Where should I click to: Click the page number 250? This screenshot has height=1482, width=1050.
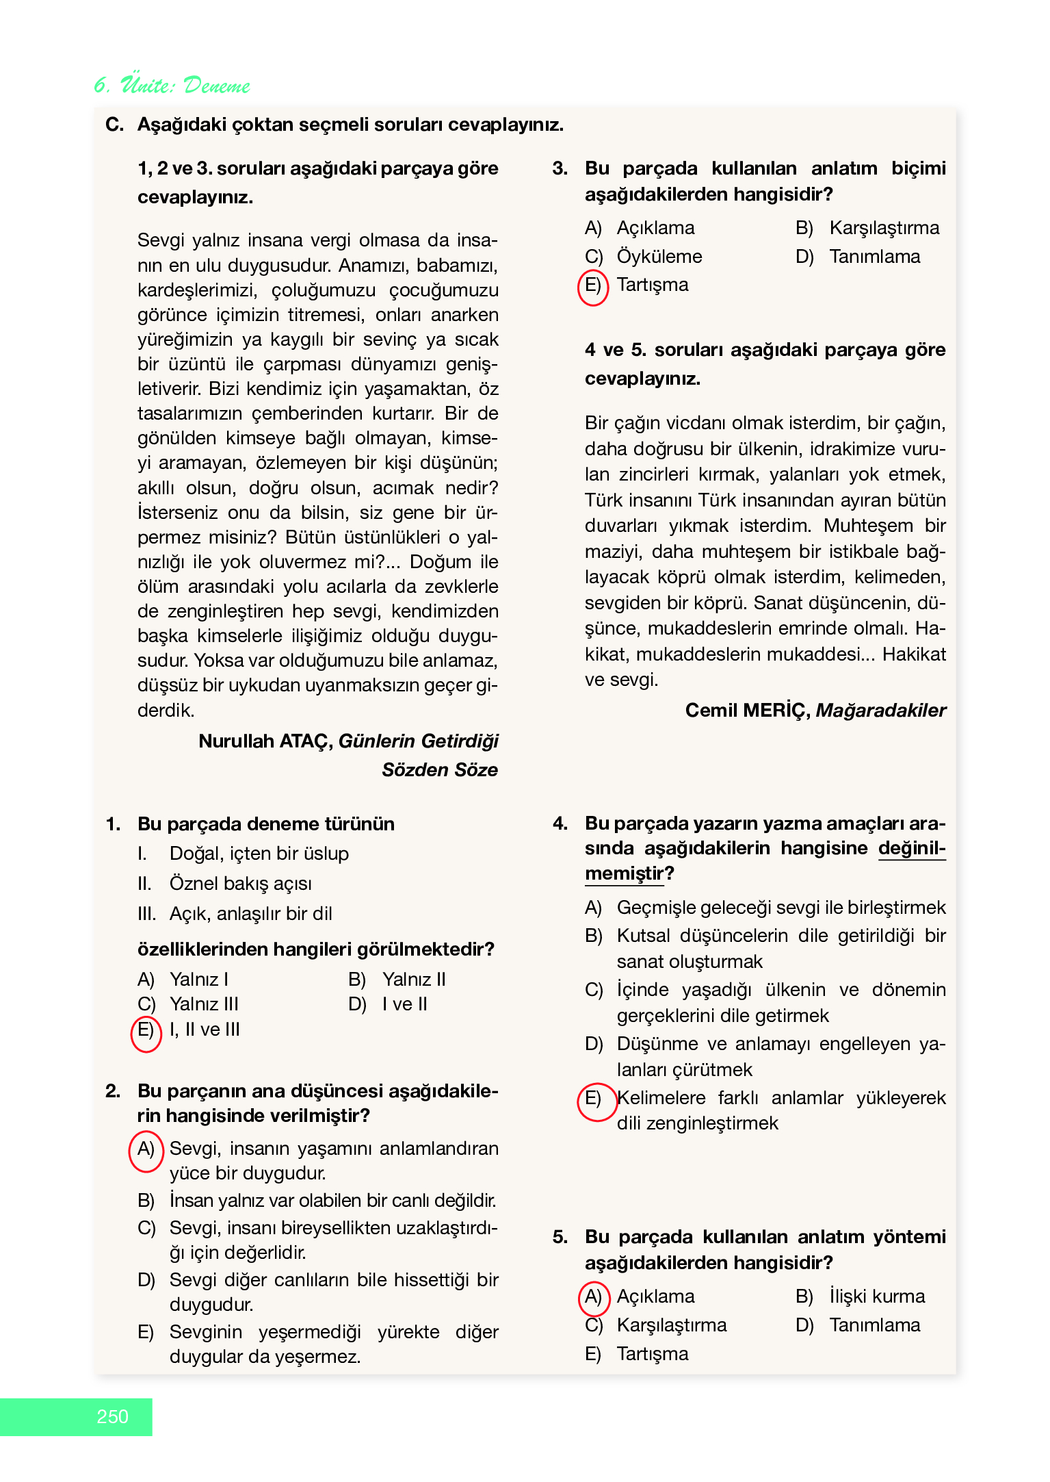[x=113, y=1416]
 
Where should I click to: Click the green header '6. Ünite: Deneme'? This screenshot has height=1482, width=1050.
[x=172, y=85]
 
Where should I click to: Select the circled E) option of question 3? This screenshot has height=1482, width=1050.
[x=592, y=285]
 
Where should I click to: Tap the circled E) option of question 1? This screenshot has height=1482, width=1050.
[x=146, y=1031]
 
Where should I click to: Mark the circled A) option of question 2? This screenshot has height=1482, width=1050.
[x=146, y=1150]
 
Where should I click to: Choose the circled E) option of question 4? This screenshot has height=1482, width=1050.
[x=594, y=1099]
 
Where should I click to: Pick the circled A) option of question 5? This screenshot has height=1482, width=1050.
[x=593, y=1297]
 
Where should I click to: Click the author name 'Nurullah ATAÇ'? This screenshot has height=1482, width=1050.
[x=265, y=741]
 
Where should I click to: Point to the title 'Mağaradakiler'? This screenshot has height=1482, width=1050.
[x=881, y=711]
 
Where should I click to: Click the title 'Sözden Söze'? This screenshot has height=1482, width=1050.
[x=440, y=770]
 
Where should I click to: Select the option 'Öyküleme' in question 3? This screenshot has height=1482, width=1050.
[x=659, y=257]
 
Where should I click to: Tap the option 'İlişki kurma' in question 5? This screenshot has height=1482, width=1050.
[x=877, y=1296]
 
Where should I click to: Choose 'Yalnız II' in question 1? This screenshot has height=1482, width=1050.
[x=414, y=980]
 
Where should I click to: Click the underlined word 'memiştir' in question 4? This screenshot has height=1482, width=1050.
[x=624, y=874]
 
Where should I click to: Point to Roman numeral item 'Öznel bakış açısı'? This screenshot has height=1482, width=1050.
[x=240, y=884]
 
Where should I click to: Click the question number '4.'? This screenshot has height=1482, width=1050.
[x=560, y=823]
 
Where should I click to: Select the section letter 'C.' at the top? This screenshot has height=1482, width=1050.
[x=114, y=125]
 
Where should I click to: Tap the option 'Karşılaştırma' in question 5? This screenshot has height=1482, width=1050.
[x=671, y=1325]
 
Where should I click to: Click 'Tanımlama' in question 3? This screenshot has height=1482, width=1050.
[x=875, y=257]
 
